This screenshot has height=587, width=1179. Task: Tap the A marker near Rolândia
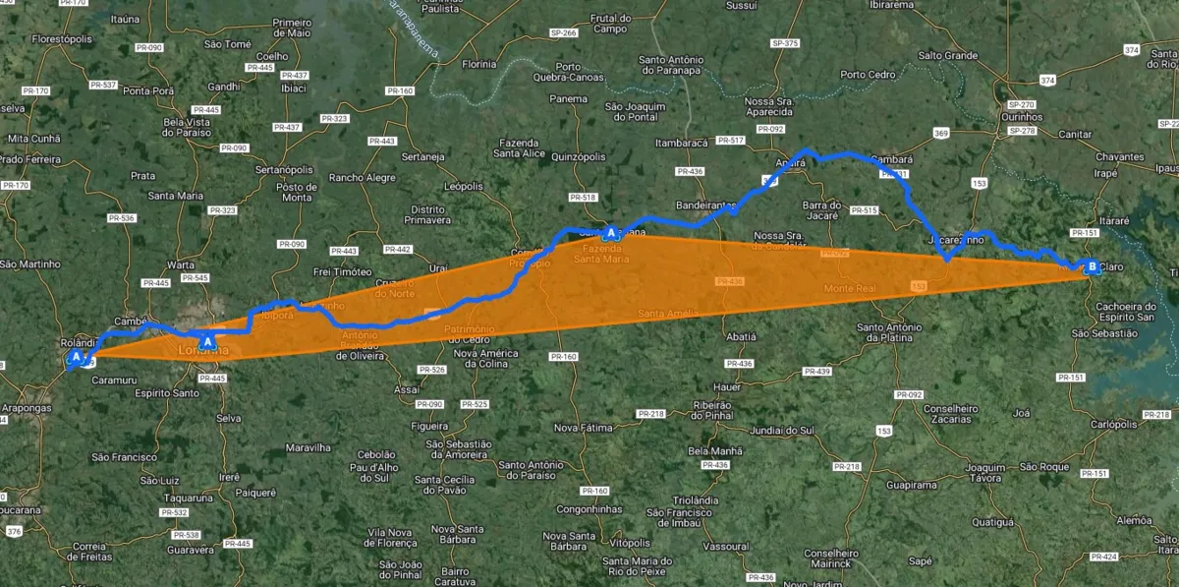(76, 357)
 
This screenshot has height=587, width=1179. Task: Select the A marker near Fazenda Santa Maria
(611, 233)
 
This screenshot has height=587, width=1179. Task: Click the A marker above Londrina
(207, 340)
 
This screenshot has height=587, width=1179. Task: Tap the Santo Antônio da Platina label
(890, 332)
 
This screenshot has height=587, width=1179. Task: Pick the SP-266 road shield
(564, 33)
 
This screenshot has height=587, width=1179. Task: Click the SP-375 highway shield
(785, 43)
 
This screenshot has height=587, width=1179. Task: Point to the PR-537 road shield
(103, 85)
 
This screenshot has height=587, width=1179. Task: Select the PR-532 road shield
(174, 512)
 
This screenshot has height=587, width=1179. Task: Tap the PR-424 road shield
(1103, 557)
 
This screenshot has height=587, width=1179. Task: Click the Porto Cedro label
(868, 75)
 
